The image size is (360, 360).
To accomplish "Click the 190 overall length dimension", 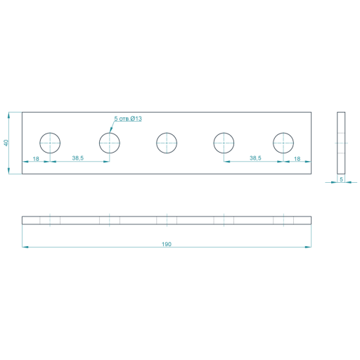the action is (x=167, y=244).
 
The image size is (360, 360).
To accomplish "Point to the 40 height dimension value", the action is (x=6, y=143).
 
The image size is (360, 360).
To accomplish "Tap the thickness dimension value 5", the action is (x=341, y=179).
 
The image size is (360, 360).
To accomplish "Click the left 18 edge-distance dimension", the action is (x=36, y=159).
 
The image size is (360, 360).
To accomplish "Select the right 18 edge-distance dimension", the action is (x=297, y=159).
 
